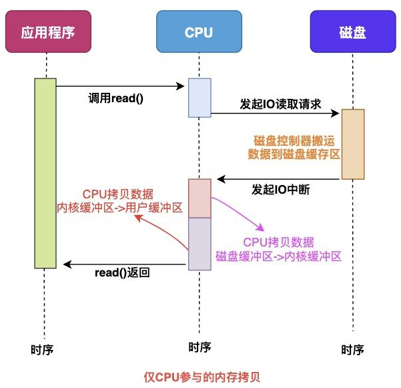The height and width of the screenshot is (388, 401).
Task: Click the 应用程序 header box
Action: click(46, 31)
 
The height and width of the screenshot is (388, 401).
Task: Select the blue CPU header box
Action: click(199, 31)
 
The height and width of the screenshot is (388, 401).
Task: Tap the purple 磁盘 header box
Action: click(352, 31)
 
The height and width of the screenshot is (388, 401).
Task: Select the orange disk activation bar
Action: click(352, 144)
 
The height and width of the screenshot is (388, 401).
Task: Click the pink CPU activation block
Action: click(199, 198)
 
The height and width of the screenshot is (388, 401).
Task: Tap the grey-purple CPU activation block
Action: click(199, 244)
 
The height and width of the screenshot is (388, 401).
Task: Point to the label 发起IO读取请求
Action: click(280, 104)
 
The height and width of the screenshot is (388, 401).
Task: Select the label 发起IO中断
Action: click(281, 189)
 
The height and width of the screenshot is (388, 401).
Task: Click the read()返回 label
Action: click(122, 273)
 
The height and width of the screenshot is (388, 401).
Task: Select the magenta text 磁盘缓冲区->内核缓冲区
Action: click(278, 256)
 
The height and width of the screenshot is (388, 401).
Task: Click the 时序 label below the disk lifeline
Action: click(352, 349)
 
